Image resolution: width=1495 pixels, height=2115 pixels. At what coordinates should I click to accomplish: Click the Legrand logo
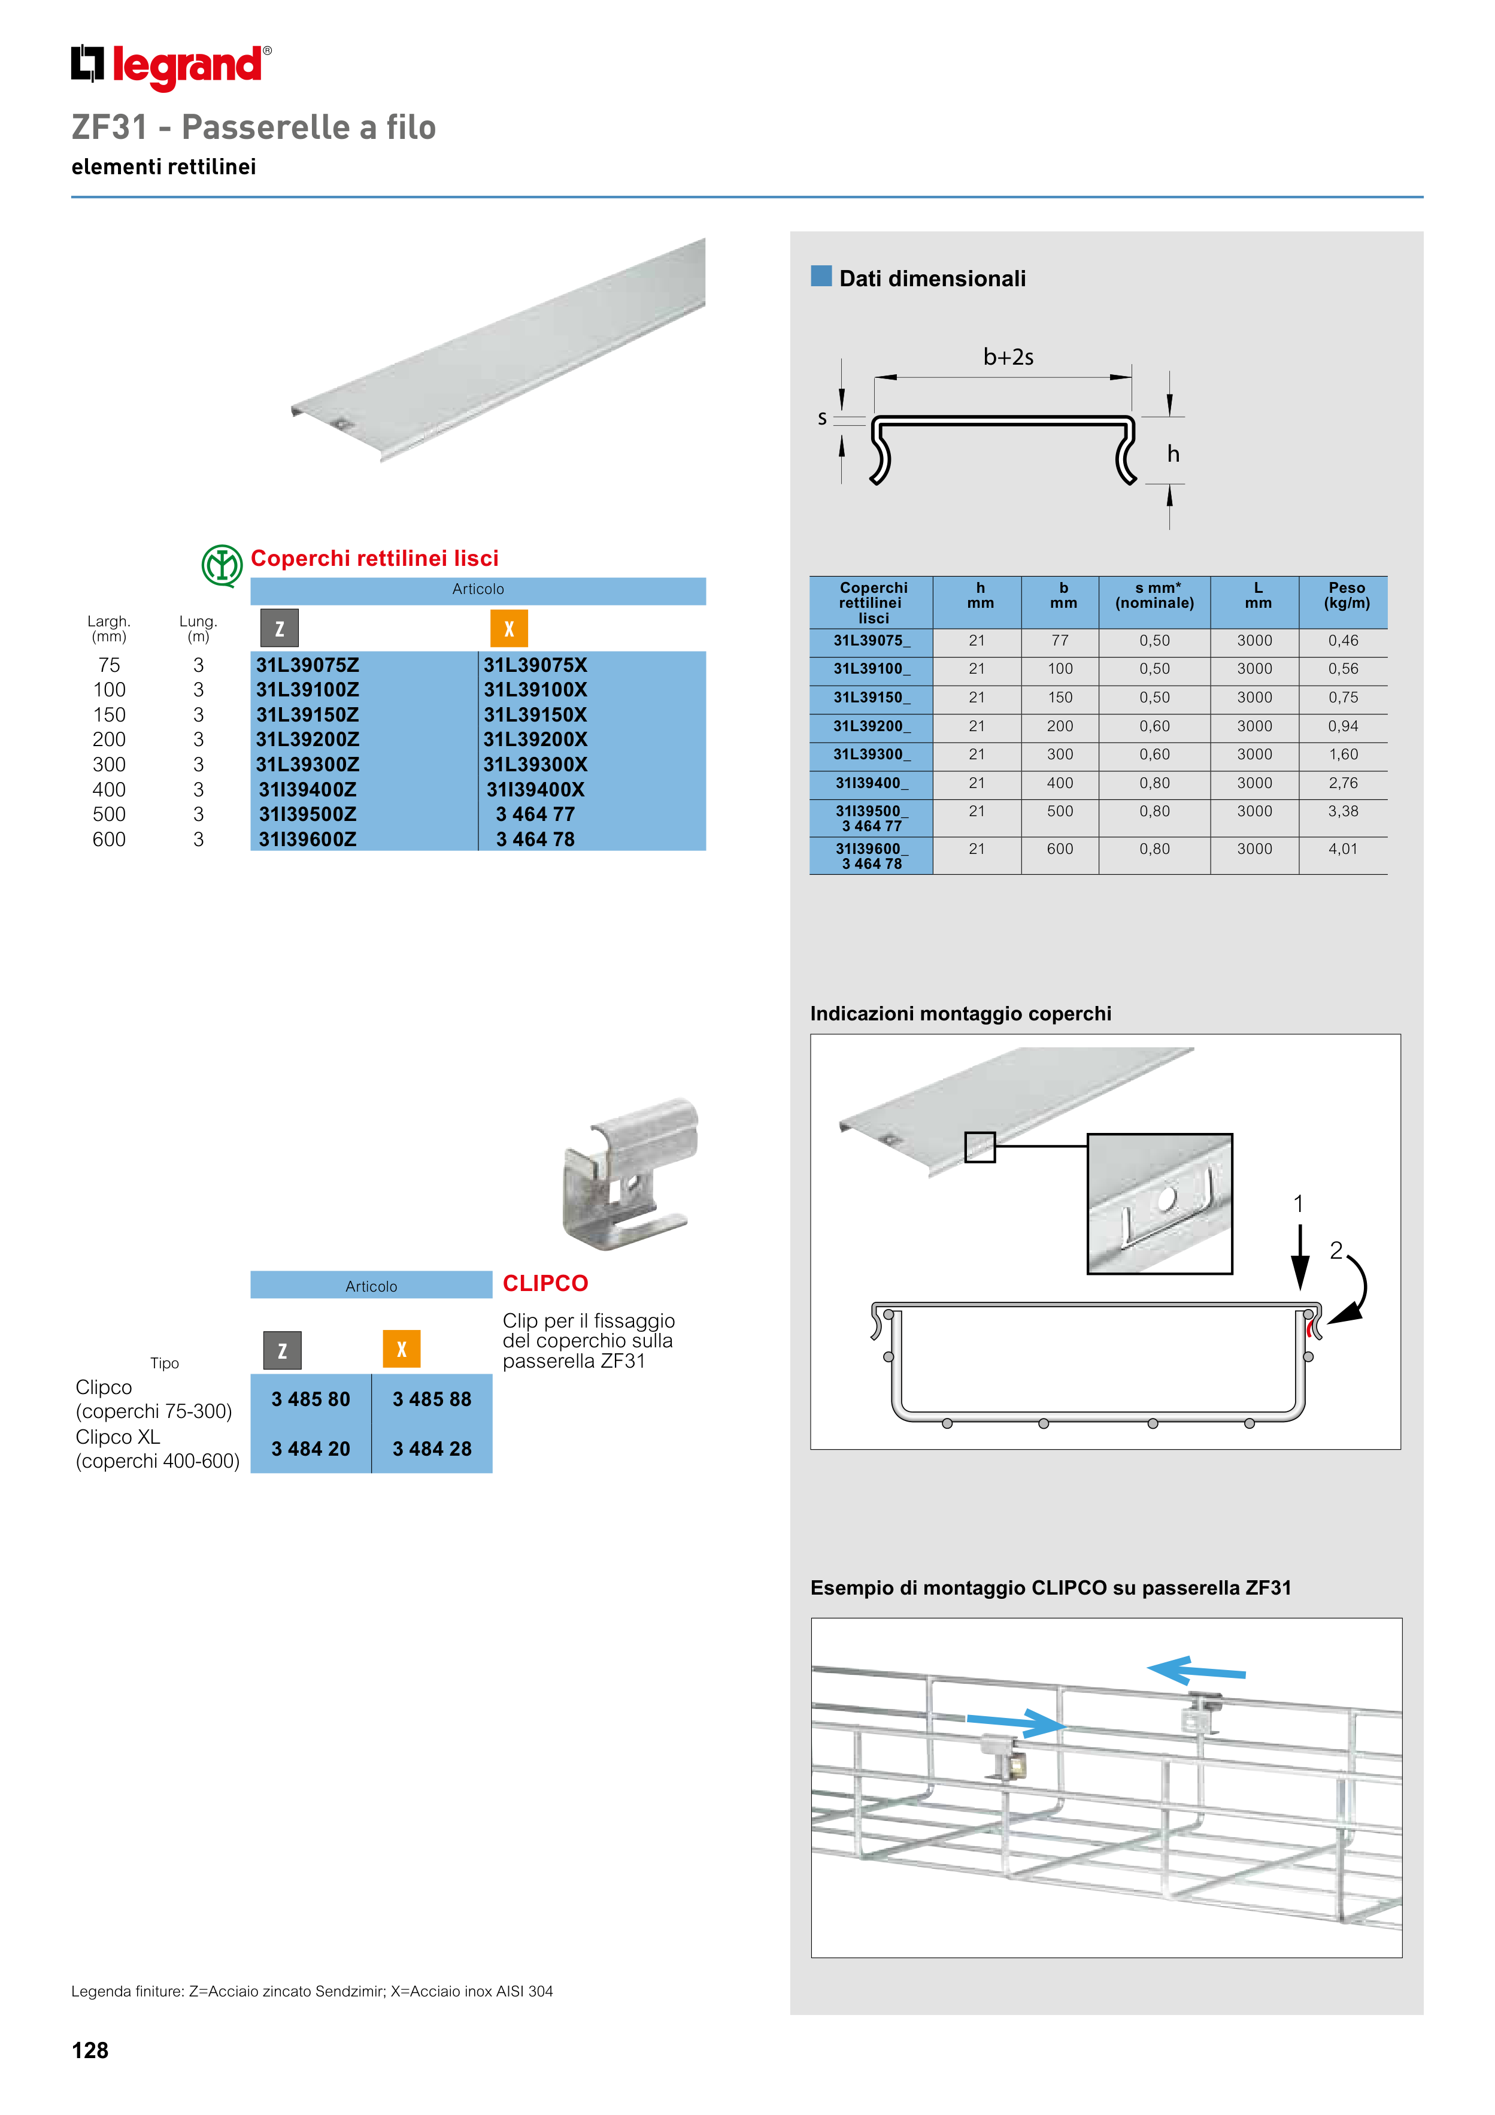click(x=171, y=66)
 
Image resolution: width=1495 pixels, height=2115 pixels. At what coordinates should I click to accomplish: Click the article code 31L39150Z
click(x=308, y=715)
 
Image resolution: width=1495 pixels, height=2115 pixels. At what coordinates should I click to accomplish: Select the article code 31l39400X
click(x=535, y=789)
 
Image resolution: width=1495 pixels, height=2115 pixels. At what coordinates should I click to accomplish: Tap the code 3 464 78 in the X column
click(x=535, y=839)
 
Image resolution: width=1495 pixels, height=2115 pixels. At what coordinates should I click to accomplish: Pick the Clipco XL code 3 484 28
click(x=432, y=1449)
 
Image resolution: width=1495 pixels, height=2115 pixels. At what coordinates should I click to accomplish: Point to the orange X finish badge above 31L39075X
click(x=508, y=629)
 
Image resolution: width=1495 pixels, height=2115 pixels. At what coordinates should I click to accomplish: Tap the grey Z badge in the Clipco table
click(x=282, y=1350)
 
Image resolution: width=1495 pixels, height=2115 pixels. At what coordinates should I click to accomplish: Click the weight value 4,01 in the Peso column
click(x=1342, y=849)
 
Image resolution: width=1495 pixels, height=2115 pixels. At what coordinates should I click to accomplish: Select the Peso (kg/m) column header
click(x=1346, y=595)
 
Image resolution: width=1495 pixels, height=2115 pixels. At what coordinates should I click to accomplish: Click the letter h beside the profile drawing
click(x=1173, y=454)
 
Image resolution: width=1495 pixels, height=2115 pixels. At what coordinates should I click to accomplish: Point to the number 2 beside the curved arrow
click(x=1336, y=1250)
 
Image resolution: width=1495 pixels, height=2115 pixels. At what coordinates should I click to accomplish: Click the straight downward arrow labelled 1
click(x=1300, y=1258)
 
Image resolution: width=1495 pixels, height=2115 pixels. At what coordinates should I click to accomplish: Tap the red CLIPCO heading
click(x=545, y=1283)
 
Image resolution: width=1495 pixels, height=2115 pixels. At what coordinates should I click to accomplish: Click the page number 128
click(x=90, y=2050)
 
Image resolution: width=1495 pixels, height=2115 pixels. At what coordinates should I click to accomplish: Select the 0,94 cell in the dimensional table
click(x=1342, y=726)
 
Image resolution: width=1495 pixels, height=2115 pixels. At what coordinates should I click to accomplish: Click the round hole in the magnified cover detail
click(x=1166, y=1198)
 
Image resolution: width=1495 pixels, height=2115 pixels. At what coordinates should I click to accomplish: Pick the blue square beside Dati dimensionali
click(x=821, y=276)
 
